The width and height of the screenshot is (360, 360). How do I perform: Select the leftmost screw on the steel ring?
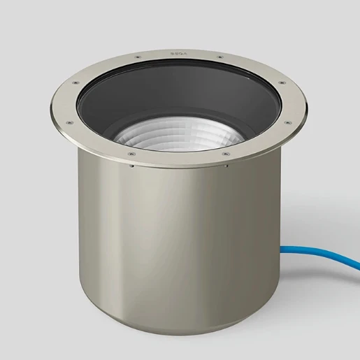pos(68,122)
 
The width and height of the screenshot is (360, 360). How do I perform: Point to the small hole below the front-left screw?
pos(131,166)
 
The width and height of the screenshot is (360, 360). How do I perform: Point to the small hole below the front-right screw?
pos(226,167)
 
